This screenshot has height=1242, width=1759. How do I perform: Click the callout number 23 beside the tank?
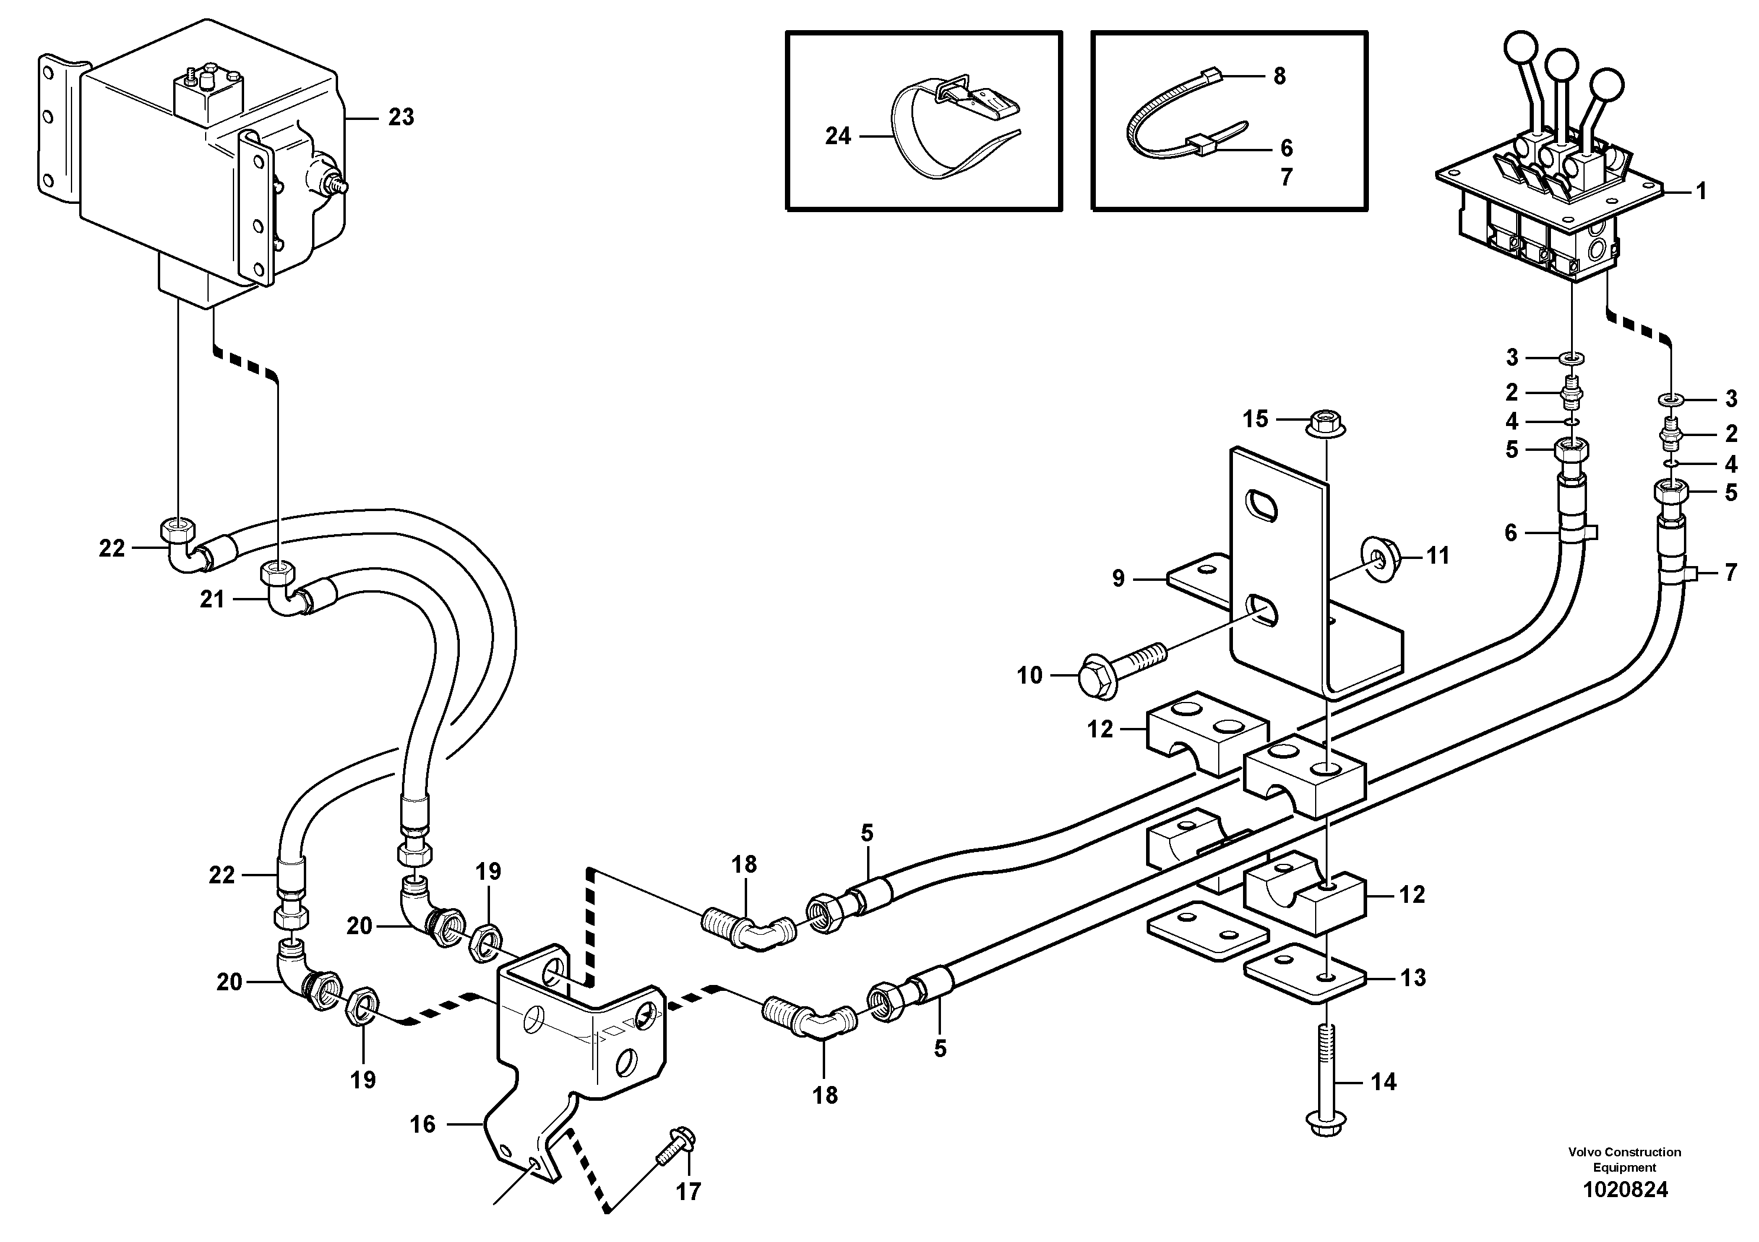click(x=401, y=117)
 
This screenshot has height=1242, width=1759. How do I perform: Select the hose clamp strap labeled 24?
click(x=927, y=142)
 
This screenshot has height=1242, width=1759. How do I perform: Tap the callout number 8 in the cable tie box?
click(x=1280, y=77)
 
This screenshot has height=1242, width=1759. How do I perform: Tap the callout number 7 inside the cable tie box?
click(x=1286, y=177)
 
